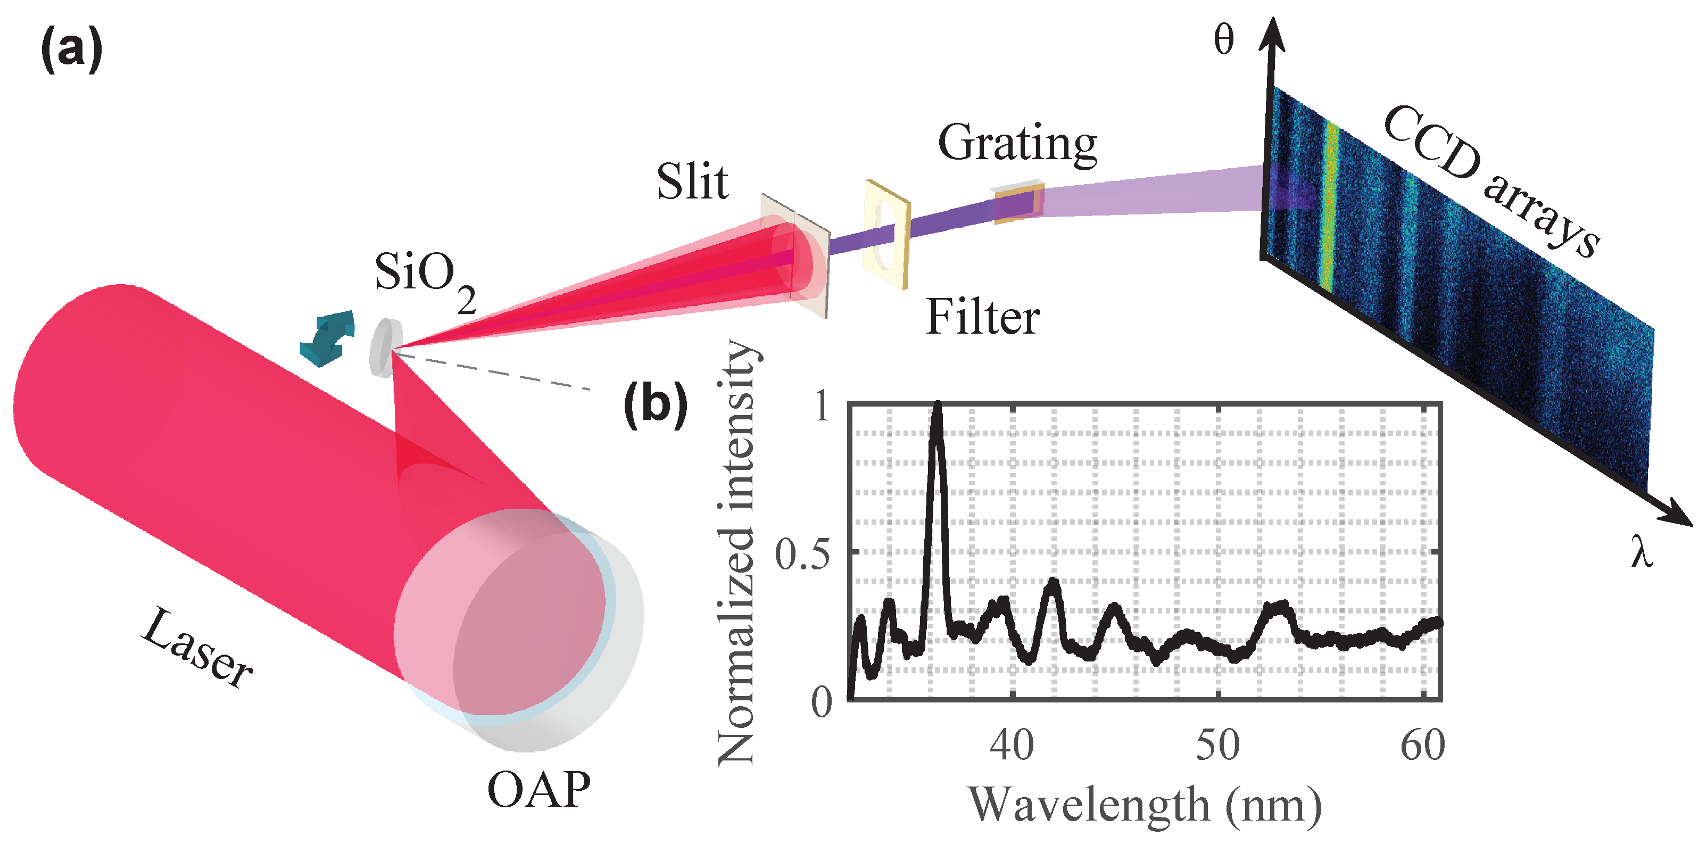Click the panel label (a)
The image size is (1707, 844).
[x=71, y=49]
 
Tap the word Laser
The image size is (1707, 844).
[x=196, y=649]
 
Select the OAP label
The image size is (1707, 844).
[x=538, y=790]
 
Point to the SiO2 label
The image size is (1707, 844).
[x=424, y=278]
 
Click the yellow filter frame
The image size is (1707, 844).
[x=886, y=235]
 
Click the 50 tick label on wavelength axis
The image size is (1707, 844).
[x=1217, y=746]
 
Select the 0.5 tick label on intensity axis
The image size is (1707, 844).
[x=802, y=555]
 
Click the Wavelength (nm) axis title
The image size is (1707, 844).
[x=1145, y=806]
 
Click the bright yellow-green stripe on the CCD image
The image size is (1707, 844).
[x=1329, y=205]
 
